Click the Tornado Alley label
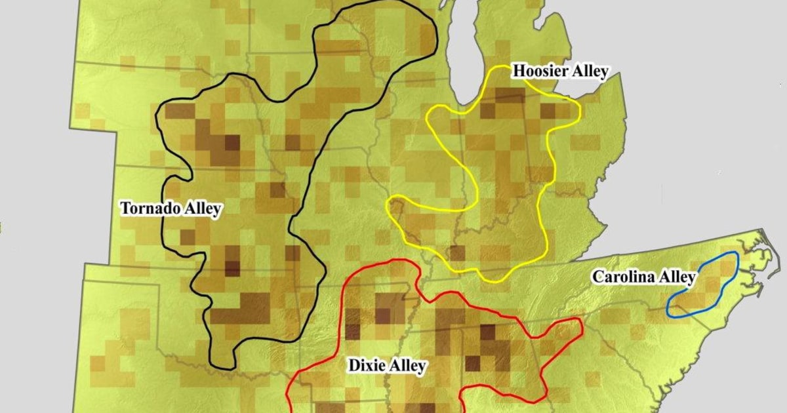click(x=171, y=209)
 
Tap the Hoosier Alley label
click(x=560, y=71)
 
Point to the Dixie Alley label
click(x=386, y=366)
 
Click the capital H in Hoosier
click(x=518, y=71)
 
